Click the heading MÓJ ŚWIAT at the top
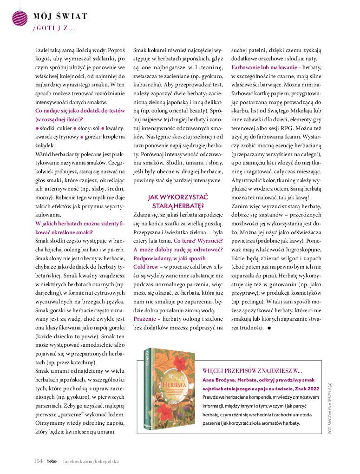click(60, 17)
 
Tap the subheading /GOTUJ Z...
click(54, 28)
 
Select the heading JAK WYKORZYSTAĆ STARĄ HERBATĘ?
click(178, 201)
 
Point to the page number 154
click(38, 461)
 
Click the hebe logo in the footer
click(52, 461)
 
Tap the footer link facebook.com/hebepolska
click(91, 461)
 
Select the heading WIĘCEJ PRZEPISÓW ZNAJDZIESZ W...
click(252, 370)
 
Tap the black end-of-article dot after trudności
click(269, 328)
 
